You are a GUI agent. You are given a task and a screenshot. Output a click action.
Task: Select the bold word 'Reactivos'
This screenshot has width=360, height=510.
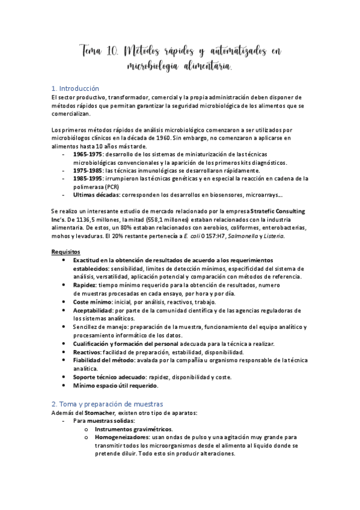pos(87,352)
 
